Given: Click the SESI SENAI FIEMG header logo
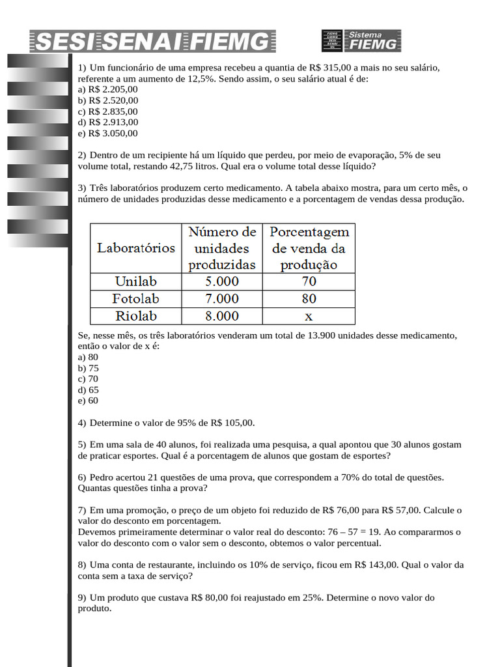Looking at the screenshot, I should (x=152, y=41).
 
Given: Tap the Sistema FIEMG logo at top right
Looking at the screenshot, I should (x=361, y=40).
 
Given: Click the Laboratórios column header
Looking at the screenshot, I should (x=136, y=248).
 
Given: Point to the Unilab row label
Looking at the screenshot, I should (x=136, y=282).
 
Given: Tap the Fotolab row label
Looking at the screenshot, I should (x=136, y=299).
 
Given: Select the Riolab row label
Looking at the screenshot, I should (x=136, y=316).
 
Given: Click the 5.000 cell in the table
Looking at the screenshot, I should (x=222, y=282).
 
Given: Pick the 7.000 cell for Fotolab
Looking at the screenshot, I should (x=222, y=299).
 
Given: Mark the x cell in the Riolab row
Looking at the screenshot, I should (x=309, y=316).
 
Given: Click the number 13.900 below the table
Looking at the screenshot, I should (x=313, y=335).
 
